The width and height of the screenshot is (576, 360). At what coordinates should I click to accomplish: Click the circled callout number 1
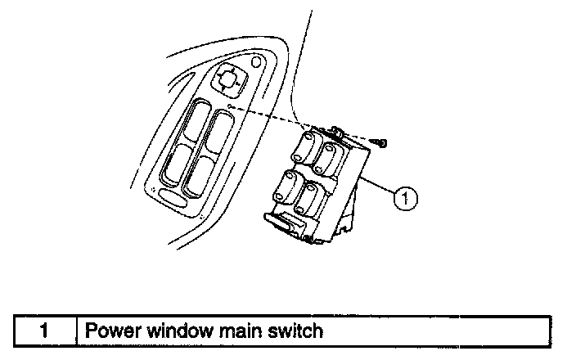click(x=403, y=196)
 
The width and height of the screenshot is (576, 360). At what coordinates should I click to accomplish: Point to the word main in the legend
click(x=238, y=331)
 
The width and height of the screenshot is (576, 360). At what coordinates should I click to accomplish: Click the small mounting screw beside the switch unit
click(x=380, y=143)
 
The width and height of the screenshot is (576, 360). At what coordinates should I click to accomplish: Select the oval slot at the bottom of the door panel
click(x=173, y=196)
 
